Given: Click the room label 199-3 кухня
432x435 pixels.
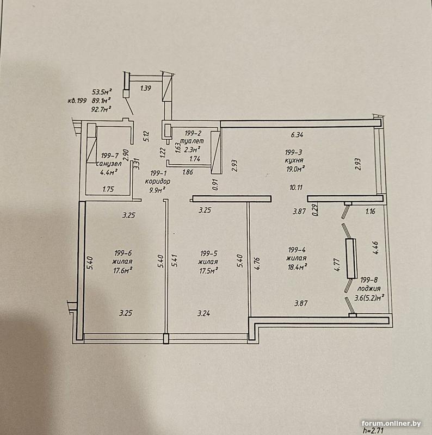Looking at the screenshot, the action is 294,156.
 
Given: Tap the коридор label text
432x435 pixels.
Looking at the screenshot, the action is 157,182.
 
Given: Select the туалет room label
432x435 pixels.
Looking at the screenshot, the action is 192,141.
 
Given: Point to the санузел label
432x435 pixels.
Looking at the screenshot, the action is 109,164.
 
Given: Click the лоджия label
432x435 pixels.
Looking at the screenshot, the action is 369,289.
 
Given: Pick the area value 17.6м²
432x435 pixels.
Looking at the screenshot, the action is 122,270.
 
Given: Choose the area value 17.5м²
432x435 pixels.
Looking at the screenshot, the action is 208,270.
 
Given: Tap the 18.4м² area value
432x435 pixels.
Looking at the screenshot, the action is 297,267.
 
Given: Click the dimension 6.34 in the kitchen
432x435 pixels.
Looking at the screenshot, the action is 297,135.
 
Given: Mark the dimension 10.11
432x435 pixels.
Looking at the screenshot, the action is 296,188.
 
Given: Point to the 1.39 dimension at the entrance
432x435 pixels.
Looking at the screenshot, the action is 146,88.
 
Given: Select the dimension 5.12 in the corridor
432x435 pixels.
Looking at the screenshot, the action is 146,136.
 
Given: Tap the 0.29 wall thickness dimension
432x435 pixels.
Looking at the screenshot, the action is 315,210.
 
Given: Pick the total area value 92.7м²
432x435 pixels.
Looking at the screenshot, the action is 101,109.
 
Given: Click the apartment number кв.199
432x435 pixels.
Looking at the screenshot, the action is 77,101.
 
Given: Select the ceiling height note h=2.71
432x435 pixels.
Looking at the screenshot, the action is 373,431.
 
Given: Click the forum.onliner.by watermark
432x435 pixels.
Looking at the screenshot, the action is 391,424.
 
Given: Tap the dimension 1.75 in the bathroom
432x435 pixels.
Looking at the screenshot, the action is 108,189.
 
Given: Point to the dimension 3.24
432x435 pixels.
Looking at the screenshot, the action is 204,314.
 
